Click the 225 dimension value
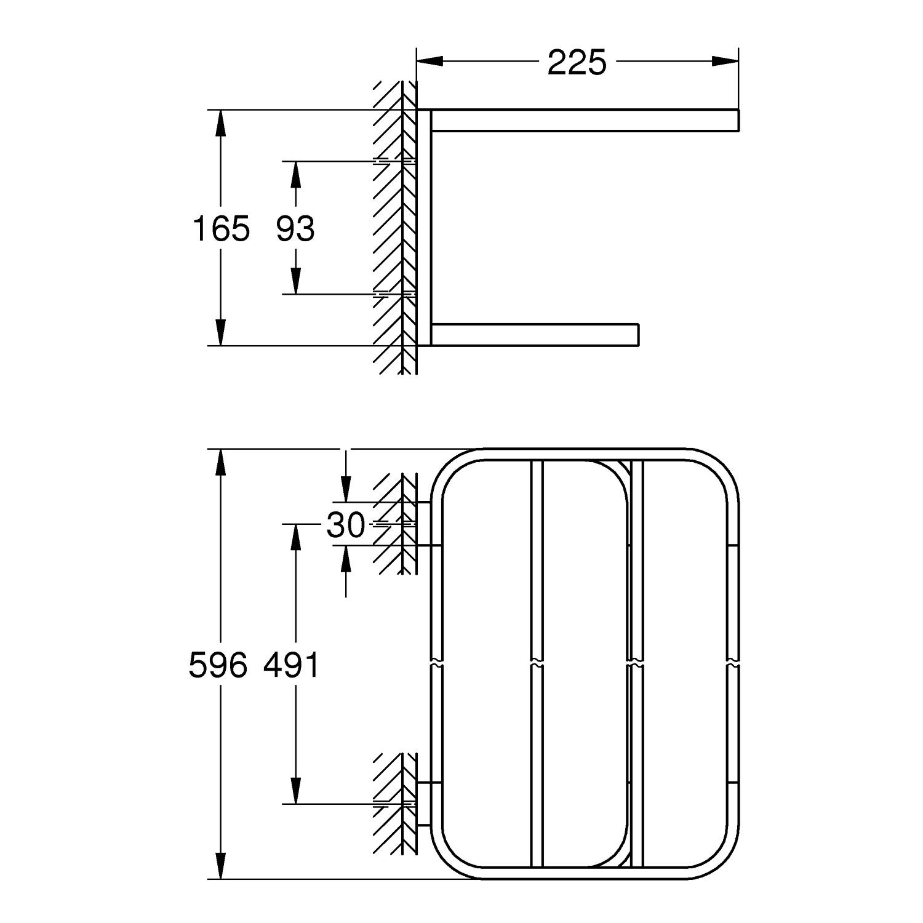click(x=577, y=62)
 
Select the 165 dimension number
click(x=222, y=228)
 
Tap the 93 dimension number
click(x=295, y=228)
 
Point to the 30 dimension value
click(x=346, y=525)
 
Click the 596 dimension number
click(x=218, y=665)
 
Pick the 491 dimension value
click(x=292, y=665)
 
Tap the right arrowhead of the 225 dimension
click(x=725, y=61)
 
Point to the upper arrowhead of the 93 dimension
click(x=295, y=174)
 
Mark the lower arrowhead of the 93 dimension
click(x=295, y=281)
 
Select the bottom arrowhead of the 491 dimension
click(x=295, y=791)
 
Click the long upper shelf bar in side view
click(x=585, y=121)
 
